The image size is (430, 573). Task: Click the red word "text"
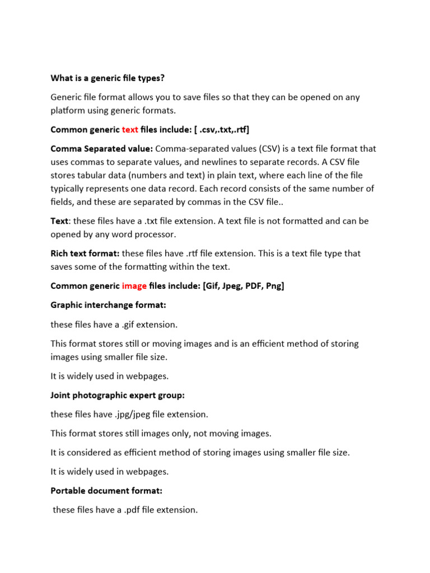pos(130,130)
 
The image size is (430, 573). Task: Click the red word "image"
pos(134,286)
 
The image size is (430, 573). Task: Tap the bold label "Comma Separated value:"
pos(101,149)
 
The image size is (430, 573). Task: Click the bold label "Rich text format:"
pos(85,253)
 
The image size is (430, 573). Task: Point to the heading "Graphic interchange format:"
pos(109,305)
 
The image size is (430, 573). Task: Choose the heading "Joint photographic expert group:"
pos(118,396)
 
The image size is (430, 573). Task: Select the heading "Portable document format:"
pos(106,491)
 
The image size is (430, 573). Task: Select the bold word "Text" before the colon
pos(60,221)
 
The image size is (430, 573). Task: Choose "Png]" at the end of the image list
pos(274,286)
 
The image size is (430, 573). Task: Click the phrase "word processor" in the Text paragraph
pos(151,234)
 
